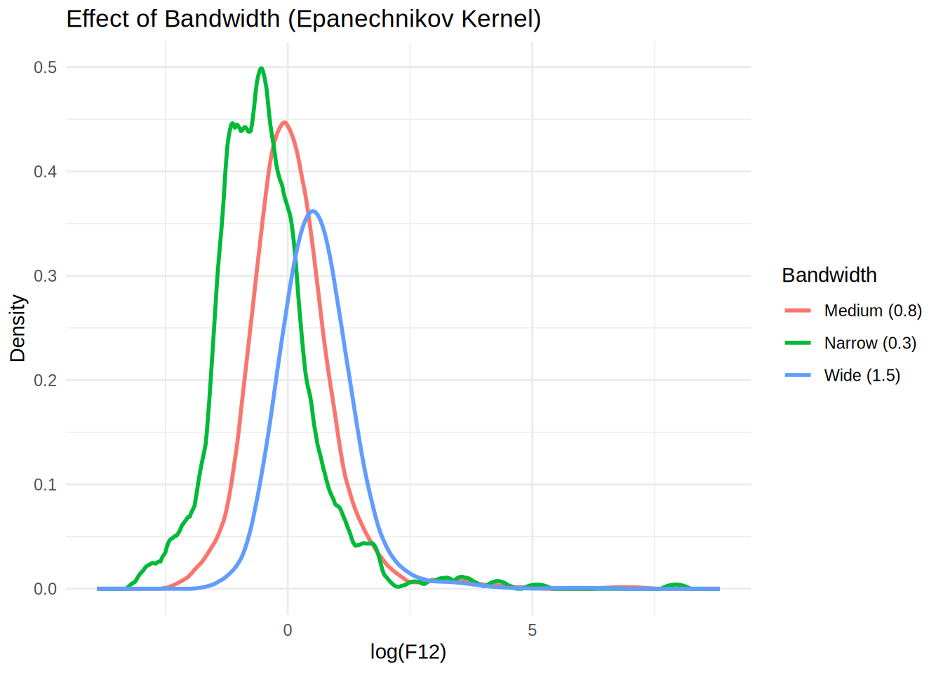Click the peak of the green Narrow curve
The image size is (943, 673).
click(x=261, y=69)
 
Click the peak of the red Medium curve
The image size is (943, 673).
click(x=284, y=123)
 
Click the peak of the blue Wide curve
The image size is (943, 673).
click(x=313, y=211)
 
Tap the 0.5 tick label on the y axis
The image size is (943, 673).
click(x=45, y=67)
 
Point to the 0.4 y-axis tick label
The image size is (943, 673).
click(x=45, y=172)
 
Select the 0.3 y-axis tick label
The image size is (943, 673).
click(x=45, y=276)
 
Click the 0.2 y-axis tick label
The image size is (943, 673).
click(x=45, y=381)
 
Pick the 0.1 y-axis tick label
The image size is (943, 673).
click(x=45, y=485)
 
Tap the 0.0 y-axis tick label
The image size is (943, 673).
click(x=45, y=590)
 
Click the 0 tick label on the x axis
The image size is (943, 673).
click(x=288, y=631)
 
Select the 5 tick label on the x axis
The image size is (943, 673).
click(x=533, y=631)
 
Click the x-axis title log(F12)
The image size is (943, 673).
click(x=408, y=653)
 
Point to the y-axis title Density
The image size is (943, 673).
click(x=18, y=328)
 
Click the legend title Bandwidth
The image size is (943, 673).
click(x=829, y=276)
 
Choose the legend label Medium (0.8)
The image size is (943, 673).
click(x=873, y=311)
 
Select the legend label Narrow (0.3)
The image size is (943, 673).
click(x=870, y=343)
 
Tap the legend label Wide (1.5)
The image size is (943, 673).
click(x=862, y=376)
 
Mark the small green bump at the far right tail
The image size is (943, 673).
click(x=675, y=585)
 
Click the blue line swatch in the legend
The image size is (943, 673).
click(x=798, y=376)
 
